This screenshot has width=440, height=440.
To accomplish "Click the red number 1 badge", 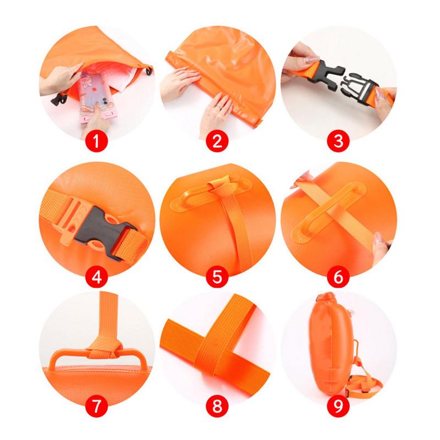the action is click(x=96, y=141).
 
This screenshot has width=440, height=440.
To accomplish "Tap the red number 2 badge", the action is click(x=217, y=141).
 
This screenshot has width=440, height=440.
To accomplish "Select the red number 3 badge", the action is click(x=338, y=141).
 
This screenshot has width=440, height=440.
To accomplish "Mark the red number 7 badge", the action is click(x=96, y=406).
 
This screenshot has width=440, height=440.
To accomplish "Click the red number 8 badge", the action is click(x=217, y=406).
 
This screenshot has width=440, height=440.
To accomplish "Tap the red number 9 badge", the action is click(x=338, y=406).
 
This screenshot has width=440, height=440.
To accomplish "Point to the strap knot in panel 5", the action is click(x=222, y=186).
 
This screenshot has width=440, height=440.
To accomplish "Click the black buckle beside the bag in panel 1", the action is click(x=58, y=99).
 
